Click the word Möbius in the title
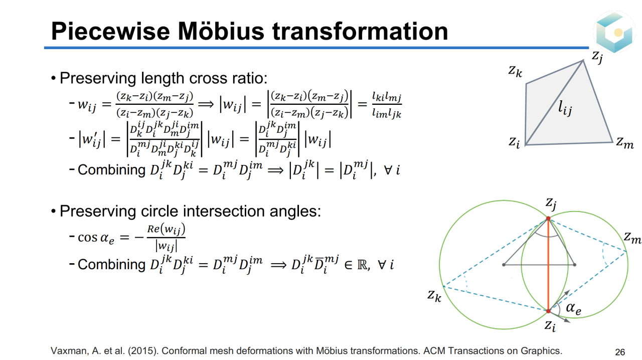tap(221, 31)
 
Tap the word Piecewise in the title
tap(110, 31)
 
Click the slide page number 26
tap(620, 351)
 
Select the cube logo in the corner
tap(614, 32)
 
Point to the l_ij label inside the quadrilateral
tap(565, 108)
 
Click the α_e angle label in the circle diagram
tap(573, 308)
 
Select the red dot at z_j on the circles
tap(548, 219)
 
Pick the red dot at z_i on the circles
tap(548, 311)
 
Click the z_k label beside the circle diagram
tap(434, 295)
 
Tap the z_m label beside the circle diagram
tap(632, 238)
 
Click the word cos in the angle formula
tap(87, 237)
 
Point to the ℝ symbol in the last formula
tap(362, 265)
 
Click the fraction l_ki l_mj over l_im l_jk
tap(387, 105)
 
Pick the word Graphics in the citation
tap(541, 351)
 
